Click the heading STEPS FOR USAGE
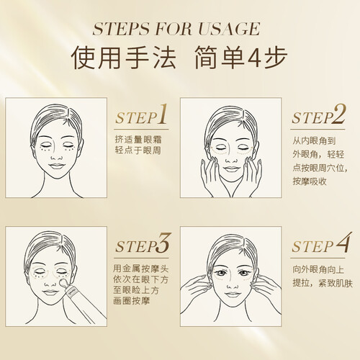click(x=176, y=29)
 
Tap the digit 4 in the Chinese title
click(x=254, y=58)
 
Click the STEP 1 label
click(x=141, y=114)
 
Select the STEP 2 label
click(x=318, y=114)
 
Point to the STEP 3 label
click(x=142, y=243)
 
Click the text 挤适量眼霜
click(x=138, y=140)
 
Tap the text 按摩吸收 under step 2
click(x=310, y=181)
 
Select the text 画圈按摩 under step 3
click(x=132, y=301)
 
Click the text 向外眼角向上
click(x=318, y=270)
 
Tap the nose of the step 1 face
click(x=57, y=158)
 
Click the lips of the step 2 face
click(x=231, y=168)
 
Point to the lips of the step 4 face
click(x=232, y=294)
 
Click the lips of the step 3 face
click(x=50, y=292)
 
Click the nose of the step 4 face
click(x=233, y=285)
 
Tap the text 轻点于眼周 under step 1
click(x=138, y=150)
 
